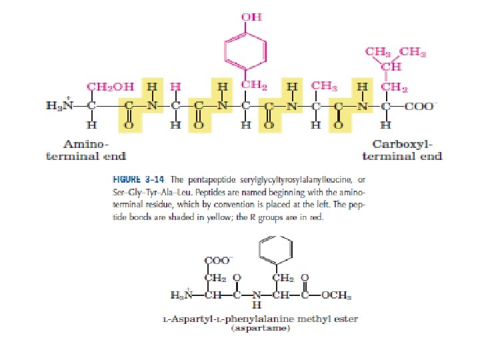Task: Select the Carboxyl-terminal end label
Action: [401, 149]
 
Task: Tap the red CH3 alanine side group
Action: [323, 87]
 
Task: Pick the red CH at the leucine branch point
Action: [391, 66]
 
